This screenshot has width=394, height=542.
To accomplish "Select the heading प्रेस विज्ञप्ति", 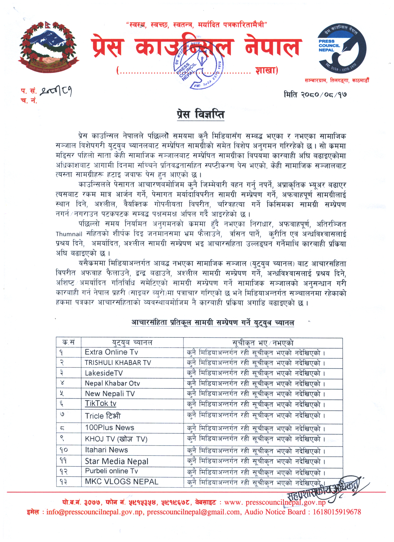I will click(201, 114).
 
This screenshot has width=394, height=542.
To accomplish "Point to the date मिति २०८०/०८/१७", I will click(315, 94).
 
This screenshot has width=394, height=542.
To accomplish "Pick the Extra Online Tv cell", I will click(111, 352).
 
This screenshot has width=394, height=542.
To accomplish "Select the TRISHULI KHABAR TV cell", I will click(118, 363).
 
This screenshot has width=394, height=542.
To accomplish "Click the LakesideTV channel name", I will click(104, 373).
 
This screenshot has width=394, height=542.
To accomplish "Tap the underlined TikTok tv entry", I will click(101, 404).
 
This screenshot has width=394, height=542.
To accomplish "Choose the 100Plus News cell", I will click(110, 428).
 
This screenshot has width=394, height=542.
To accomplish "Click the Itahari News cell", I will click(106, 450).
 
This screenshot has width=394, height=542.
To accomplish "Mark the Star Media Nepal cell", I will click(117, 461).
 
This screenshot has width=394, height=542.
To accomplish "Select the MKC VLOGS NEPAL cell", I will click(121, 482).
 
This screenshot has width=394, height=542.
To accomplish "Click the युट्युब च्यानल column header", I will click(132, 342).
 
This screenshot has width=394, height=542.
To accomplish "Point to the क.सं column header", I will click(68, 342).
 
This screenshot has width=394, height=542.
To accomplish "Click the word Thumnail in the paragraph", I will click(69, 234).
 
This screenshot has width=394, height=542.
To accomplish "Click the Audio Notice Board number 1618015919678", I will click(337, 512).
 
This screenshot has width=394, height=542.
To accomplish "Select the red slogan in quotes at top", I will click(197, 25).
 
